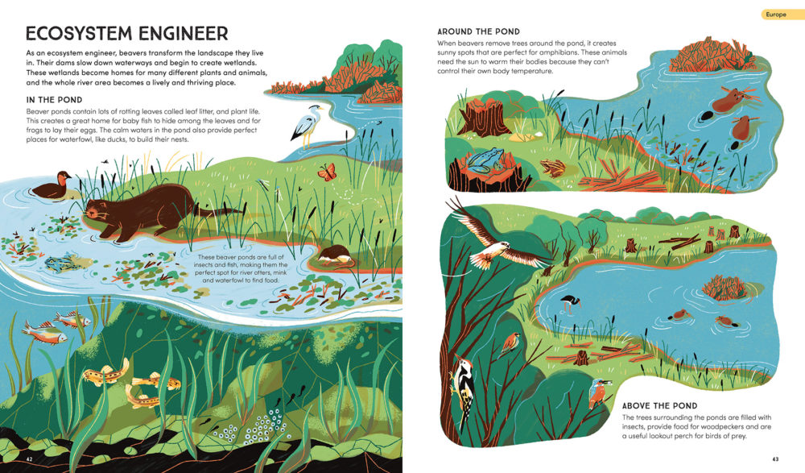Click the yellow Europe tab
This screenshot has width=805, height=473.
[x=782, y=15]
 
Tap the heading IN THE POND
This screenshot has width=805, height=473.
[x=54, y=100]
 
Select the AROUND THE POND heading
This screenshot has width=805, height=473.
[x=478, y=31]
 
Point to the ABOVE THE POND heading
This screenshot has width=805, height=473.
[x=660, y=405]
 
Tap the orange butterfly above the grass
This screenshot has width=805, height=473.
[x=327, y=172]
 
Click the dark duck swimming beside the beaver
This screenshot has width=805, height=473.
[x=52, y=186]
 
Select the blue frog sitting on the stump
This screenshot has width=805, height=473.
[x=485, y=159]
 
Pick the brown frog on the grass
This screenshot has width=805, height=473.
[x=553, y=167]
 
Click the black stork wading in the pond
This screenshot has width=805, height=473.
[x=569, y=303]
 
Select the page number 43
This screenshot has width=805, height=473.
[x=775, y=459]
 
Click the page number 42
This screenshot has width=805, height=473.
[x=29, y=458]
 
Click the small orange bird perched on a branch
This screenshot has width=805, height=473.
[x=511, y=343]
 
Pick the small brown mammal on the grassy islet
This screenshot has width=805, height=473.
[x=334, y=255]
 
